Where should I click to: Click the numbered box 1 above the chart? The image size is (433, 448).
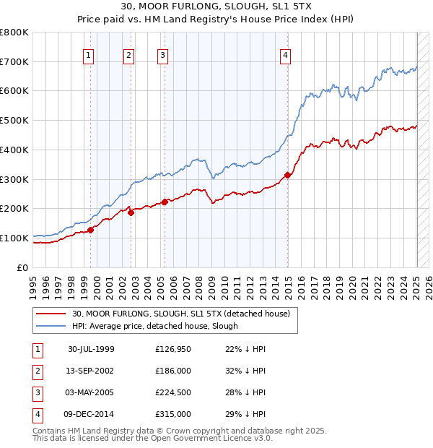click(x=88, y=55)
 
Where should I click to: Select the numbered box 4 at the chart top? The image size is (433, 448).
click(x=286, y=55)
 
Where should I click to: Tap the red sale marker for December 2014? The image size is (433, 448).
click(x=288, y=175)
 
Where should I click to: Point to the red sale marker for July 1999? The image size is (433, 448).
click(x=91, y=230)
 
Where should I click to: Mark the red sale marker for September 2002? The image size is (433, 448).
click(x=131, y=212)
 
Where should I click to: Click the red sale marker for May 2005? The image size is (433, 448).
click(x=165, y=202)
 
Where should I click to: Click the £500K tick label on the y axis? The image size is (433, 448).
click(x=14, y=120)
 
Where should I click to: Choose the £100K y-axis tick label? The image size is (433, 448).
click(x=14, y=238)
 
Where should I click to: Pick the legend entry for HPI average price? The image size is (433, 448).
click(x=155, y=326)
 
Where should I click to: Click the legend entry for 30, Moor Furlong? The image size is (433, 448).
click(x=180, y=314)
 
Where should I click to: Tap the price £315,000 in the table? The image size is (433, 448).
click(x=173, y=414)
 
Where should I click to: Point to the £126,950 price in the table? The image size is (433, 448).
click(x=173, y=349)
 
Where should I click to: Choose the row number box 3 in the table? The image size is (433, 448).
click(x=38, y=392)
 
